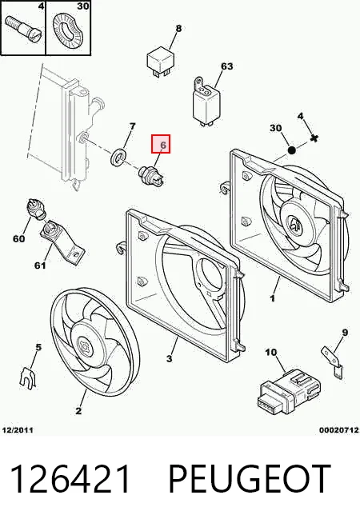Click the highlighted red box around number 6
(161, 144)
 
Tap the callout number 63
(227, 66)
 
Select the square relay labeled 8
(160, 62)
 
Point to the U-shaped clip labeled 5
(28, 378)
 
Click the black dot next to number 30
(291, 150)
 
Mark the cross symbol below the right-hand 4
(314, 138)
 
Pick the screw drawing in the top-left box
(23, 28)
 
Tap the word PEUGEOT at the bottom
(250, 479)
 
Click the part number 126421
(70, 479)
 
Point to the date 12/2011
(18, 430)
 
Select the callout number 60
(18, 238)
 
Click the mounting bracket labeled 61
(62, 241)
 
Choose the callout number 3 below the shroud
(170, 359)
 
